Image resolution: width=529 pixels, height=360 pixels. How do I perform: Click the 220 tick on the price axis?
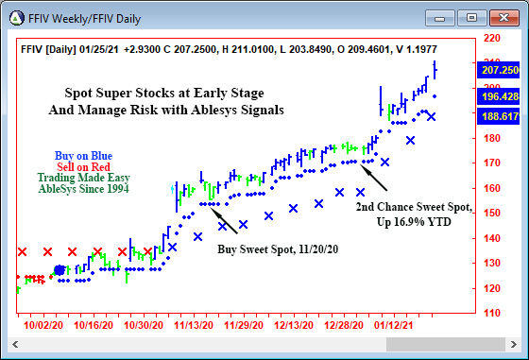click(492, 39)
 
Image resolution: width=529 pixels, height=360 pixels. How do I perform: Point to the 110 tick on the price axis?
click(492, 313)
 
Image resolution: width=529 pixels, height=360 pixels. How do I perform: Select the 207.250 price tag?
click(501, 71)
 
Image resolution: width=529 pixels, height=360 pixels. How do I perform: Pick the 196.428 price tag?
click(501, 97)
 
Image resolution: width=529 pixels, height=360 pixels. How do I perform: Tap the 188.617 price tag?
click(501, 116)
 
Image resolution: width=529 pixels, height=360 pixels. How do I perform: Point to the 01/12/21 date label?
click(397, 323)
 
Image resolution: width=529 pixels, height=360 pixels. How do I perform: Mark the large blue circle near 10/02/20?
click(60, 271)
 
